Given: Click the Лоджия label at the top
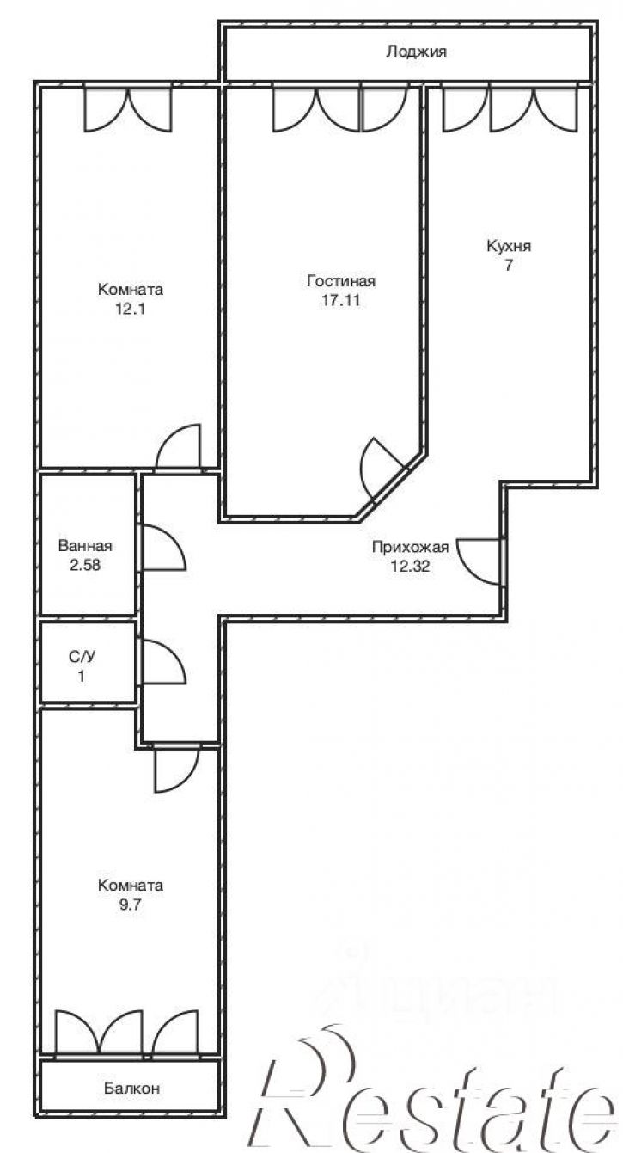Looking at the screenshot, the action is pos(416,52).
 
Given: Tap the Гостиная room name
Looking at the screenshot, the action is pos(341,281).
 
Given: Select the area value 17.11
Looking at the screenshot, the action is pos(340,300).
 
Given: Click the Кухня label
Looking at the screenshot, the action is pos(508,246).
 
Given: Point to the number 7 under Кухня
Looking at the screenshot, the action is pos(508,265).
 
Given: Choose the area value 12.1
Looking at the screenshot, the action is pos(130,309).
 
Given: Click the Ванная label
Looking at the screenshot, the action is pos(85,546).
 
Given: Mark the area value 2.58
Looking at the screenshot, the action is pos(85,565).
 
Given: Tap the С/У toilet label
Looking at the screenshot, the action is pos(82,657).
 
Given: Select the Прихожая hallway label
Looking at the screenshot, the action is pos(410,547).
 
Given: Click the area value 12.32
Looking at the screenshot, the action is pos(410,567).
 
